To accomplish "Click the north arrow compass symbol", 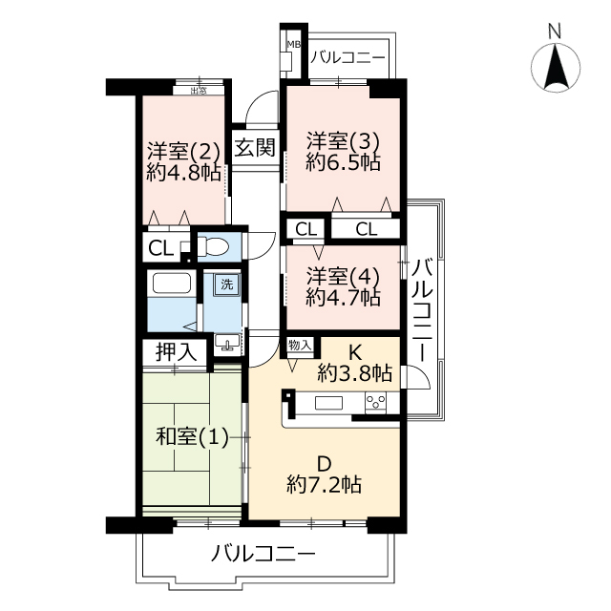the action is click(x=555, y=67).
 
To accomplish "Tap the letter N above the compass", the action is click(x=555, y=32).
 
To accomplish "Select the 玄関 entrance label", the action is click(x=255, y=147).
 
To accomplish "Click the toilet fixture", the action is click(x=213, y=246).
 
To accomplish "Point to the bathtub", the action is click(x=172, y=283).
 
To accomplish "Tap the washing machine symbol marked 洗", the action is click(x=227, y=284).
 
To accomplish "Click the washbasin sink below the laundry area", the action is click(x=227, y=345).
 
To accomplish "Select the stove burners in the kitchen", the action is click(x=375, y=402).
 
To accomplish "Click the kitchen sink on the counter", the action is click(x=328, y=403).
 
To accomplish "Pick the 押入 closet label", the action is click(x=176, y=352).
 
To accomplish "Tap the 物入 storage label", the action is click(x=300, y=345).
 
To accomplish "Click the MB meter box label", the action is click(x=294, y=45).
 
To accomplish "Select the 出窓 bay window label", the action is click(x=199, y=92).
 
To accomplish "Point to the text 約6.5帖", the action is click(x=343, y=162).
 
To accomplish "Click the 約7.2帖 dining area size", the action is click(x=325, y=484).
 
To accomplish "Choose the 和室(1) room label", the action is click(x=193, y=436).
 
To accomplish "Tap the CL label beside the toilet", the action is click(x=161, y=248).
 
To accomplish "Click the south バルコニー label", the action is click(x=263, y=554).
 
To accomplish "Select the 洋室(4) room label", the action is click(x=343, y=276).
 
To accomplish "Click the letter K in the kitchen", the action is click(x=354, y=353).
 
